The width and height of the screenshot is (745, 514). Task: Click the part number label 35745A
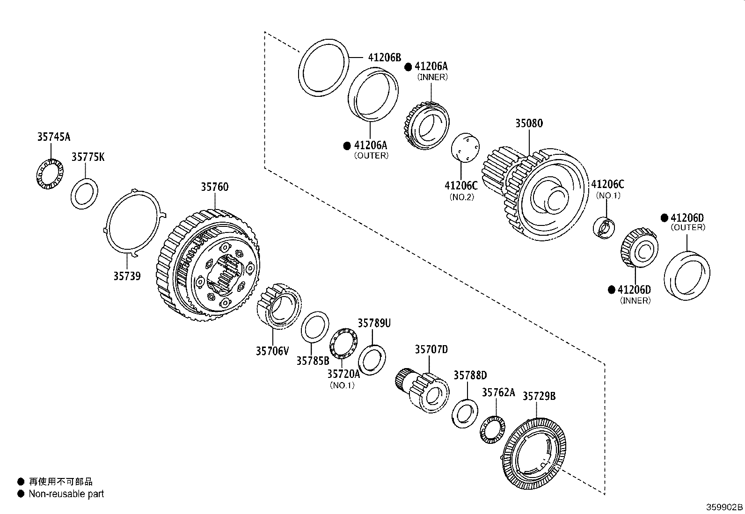tap(54, 137)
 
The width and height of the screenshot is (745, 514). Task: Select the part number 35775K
tap(88, 157)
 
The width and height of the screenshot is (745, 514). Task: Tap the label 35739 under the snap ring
tap(127, 276)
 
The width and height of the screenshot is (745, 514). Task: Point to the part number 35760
tap(215, 187)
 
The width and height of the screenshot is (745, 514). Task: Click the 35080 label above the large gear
tap(529, 123)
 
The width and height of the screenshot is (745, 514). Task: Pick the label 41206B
tap(385, 58)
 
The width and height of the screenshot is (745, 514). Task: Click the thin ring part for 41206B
tap(324, 69)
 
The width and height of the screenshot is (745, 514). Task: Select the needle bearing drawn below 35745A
tap(50, 174)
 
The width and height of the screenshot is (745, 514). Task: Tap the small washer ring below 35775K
tap(85, 194)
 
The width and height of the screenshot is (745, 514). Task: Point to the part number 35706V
tap(272, 350)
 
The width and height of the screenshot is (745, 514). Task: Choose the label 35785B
tap(313, 361)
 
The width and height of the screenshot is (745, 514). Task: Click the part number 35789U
tap(374, 323)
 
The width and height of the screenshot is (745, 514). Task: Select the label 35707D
tap(431, 349)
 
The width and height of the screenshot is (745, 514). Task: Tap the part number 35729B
tap(539, 396)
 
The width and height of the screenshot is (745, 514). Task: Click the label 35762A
tap(498, 392)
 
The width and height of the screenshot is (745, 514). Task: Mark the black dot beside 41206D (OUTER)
tap(664, 218)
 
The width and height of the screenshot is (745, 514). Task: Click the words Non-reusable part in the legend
tap(66, 494)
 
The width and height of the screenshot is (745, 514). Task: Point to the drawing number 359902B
tap(724, 507)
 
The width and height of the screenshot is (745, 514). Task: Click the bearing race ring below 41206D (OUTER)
tap(687, 276)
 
